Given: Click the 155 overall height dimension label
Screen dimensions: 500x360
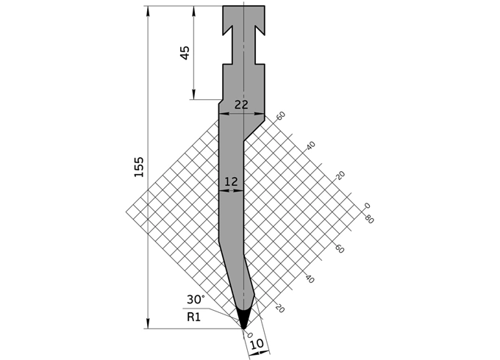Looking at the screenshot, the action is pos(139,167).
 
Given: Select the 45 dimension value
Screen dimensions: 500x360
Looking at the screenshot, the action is pos(185,53).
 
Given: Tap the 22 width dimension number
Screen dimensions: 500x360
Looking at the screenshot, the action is pos(241,104).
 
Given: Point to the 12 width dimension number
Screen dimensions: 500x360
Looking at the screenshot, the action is pos(231,181).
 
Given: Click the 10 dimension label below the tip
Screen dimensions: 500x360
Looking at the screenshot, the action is pos(257,344).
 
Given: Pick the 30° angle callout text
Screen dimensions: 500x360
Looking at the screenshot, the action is pos(196,300).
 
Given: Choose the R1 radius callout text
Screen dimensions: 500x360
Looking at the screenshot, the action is pos(193,317).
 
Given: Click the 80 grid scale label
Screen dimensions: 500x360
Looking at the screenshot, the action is pos(369,219).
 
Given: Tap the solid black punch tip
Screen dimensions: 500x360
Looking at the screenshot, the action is pos(244,317).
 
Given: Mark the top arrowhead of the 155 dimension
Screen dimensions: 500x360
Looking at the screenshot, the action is pos(148,10).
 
